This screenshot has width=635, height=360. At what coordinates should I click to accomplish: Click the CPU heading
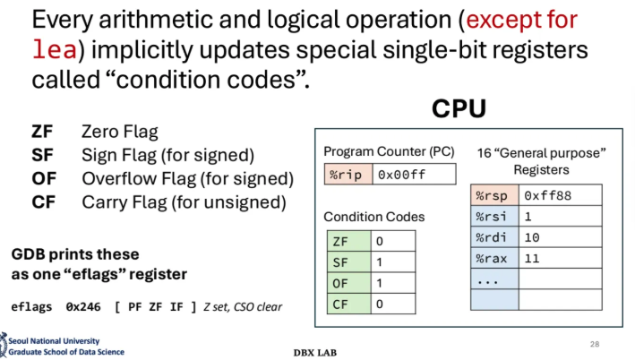459,109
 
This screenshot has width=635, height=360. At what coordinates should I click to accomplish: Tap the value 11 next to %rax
532,259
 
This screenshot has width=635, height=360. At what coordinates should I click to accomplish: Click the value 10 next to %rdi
532,238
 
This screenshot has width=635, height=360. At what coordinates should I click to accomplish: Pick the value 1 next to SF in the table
381,262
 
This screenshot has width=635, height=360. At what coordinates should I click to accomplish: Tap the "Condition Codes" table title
373,217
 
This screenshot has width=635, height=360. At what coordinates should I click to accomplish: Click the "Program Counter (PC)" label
389,150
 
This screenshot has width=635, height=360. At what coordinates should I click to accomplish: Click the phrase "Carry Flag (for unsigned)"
184,202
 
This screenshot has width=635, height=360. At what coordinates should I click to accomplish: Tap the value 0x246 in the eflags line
79,307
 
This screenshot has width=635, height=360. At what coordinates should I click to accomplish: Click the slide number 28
594,343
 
